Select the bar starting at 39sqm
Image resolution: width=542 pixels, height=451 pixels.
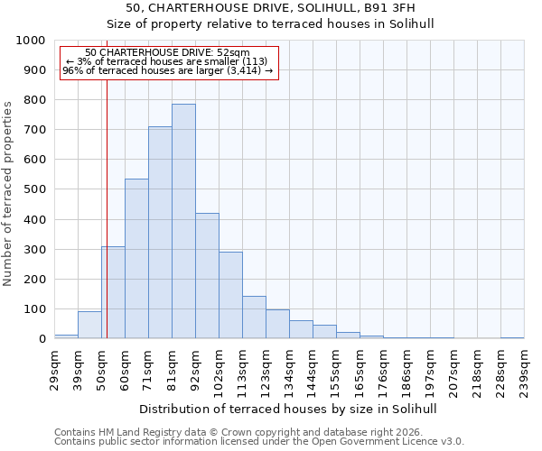(x=89, y=325)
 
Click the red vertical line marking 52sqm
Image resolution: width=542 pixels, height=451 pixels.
(x=107, y=207)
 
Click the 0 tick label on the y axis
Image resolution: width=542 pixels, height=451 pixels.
(x=42, y=339)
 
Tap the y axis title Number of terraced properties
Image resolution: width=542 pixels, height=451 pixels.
(x=8, y=193)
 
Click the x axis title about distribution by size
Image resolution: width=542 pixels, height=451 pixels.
(x=289, y=409)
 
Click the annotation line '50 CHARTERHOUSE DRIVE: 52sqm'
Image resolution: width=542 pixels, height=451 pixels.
(x=167, y=53)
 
